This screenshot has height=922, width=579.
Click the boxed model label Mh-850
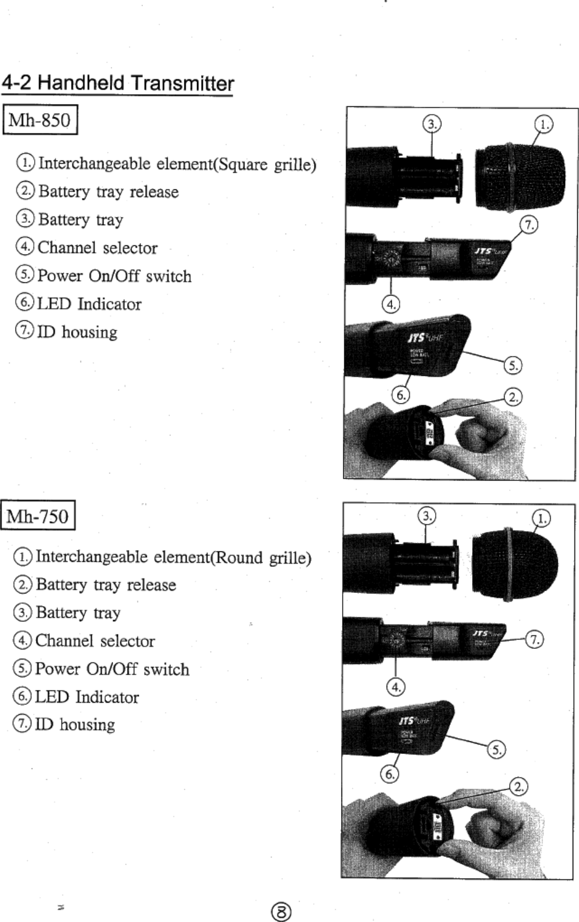40,120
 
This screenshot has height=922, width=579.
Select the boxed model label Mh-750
38,516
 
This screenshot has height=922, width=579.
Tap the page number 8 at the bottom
281,912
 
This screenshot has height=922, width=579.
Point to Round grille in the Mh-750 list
263,558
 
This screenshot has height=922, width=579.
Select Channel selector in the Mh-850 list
97,248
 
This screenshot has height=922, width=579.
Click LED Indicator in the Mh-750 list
87,697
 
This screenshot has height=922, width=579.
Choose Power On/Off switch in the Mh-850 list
114,276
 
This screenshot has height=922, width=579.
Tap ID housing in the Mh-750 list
75,725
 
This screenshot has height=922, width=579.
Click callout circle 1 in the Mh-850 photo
543,124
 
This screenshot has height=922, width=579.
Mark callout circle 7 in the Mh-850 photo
529,224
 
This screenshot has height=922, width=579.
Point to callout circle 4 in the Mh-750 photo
395,687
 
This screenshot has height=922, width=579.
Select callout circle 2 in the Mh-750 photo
519,786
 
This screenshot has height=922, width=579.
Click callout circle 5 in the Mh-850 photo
513,365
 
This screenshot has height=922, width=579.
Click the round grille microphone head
514,563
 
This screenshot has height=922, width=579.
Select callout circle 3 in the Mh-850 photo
432,124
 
